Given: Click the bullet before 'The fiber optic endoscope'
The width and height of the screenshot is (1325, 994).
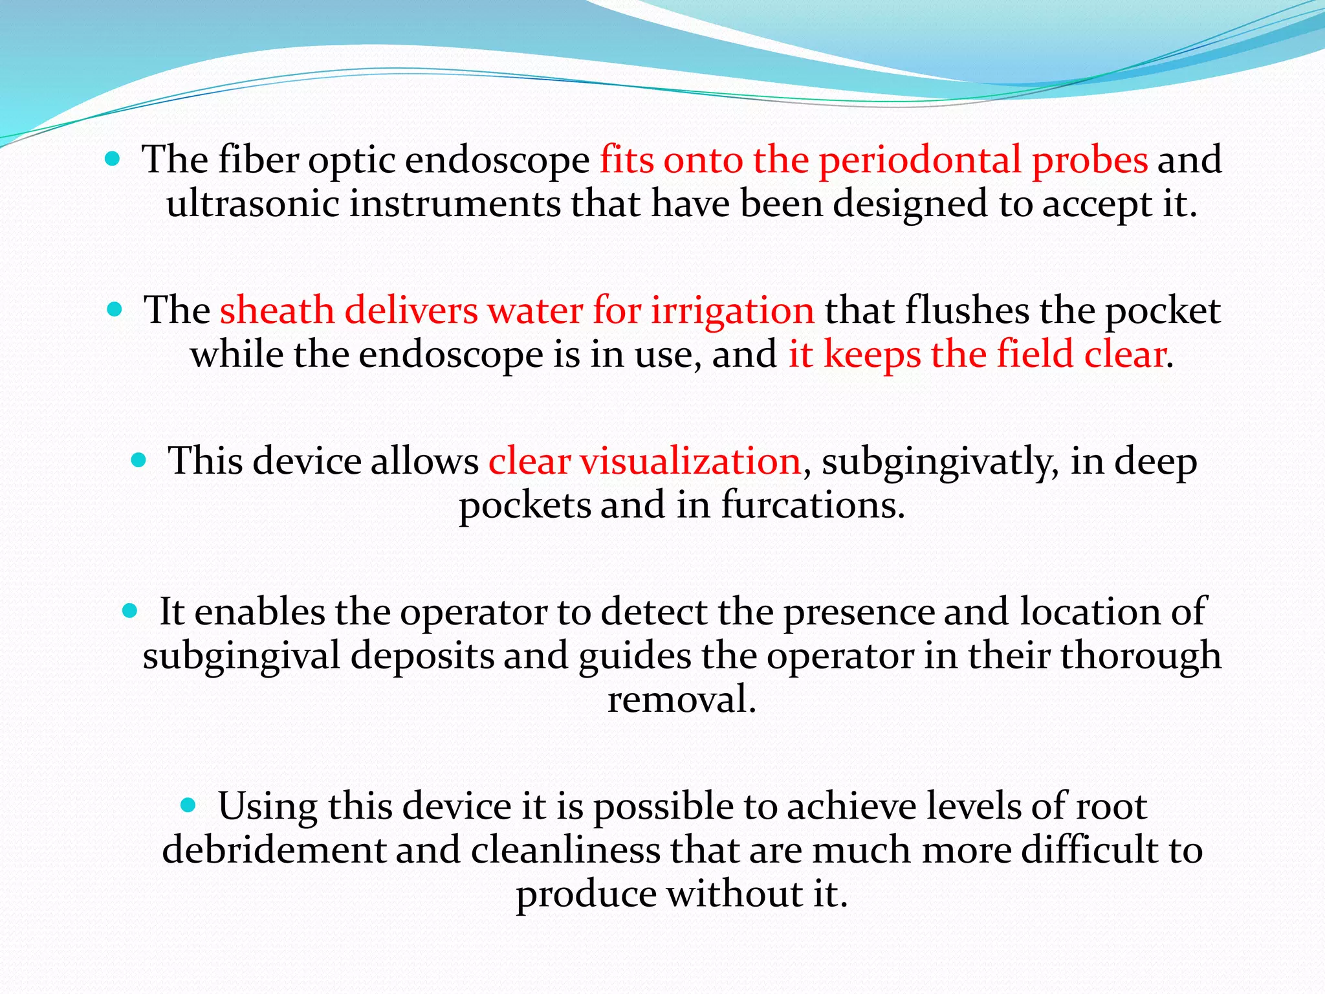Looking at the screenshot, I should pos(113,159).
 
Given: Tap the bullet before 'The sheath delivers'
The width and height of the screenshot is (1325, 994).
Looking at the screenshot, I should pos(115,309).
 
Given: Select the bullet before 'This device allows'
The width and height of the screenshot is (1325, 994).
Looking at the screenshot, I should pos(139,460).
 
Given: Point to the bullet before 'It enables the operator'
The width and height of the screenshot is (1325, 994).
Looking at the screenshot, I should pos(130,610).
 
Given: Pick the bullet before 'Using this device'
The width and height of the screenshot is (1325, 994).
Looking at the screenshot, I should pos(188,805).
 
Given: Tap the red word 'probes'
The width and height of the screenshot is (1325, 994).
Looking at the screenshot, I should pos(1090,160).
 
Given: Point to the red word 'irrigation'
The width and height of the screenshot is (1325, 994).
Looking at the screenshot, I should pos(732,311).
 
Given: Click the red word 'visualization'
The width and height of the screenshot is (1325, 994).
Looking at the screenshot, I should pos(690,461).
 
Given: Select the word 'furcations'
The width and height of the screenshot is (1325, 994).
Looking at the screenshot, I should pos(813,505).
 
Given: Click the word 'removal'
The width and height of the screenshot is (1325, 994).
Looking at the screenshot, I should pos(682,700).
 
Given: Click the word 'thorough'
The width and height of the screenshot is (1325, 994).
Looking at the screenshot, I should pos(1140,656).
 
